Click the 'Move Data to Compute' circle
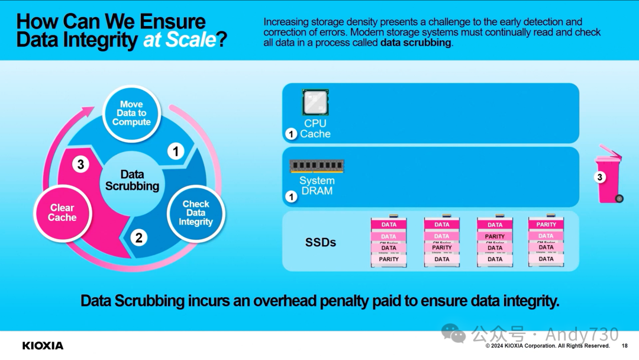[x=131, y=113]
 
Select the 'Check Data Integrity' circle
[x=195, y=213]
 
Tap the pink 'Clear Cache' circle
[x=62, y=213]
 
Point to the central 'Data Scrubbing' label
[x=132, y=180]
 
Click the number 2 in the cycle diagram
[x=139, y=238]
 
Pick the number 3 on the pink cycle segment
[x=81, y=165]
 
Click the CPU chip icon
[x=315, y=102]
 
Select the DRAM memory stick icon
[x=317, y=166]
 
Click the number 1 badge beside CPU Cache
[x=291, y=134]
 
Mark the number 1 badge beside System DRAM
[x=291, y=197]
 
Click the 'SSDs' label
[x=321, y=242]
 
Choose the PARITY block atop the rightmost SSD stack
[x=546, y=225]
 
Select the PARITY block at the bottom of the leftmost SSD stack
[x=389, y=259]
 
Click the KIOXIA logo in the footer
[x=43, y=345]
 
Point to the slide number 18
[x=625, y=346]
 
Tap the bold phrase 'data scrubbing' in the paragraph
[x=416, y=43]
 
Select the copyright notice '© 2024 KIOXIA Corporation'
[x=532, y=346]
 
